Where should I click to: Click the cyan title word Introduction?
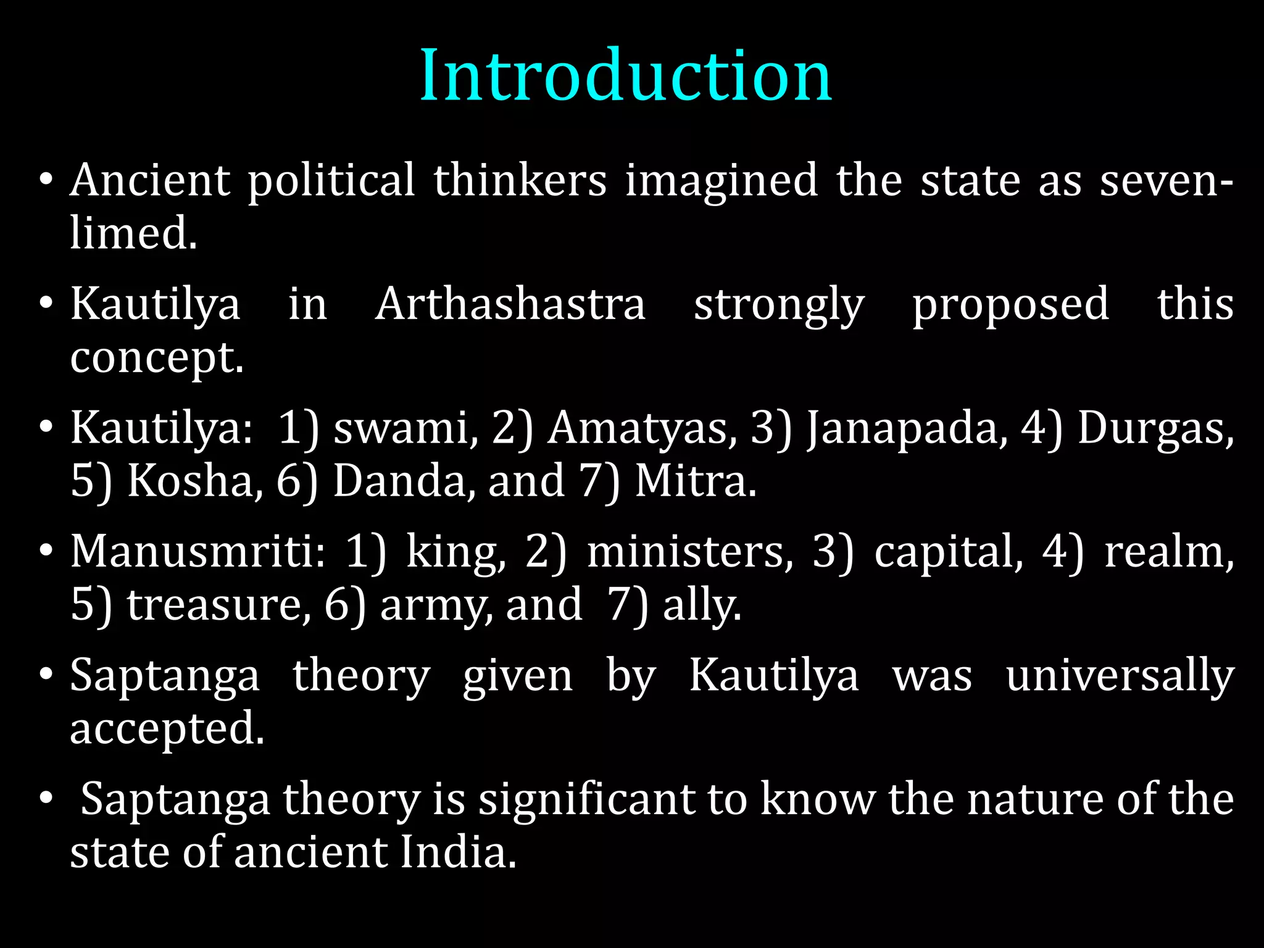[x=626, y=75]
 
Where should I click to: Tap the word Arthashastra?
[x=510, y=304]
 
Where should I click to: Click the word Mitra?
[x=695, y=480]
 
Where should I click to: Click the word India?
[x=458, y=852]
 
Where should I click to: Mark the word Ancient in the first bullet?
[x=150, y=180]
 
